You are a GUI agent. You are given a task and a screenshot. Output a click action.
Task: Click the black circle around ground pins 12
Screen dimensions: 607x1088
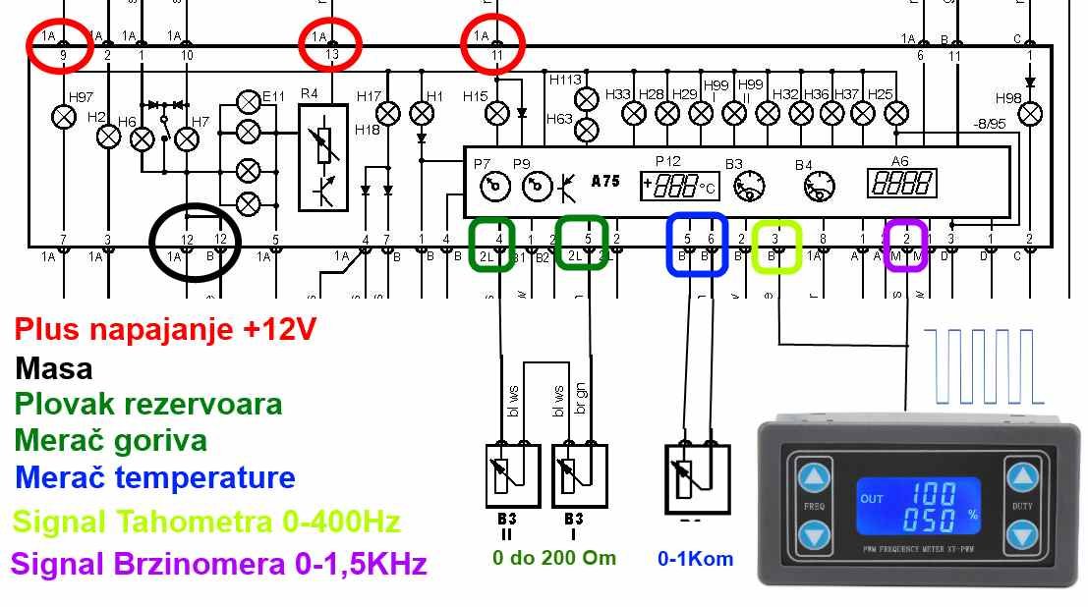tap(195, 241)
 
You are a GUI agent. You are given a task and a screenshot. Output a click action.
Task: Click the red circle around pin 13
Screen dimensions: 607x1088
tap(331, 44)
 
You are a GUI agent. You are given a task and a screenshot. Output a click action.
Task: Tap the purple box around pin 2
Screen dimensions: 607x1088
tap(905, 245)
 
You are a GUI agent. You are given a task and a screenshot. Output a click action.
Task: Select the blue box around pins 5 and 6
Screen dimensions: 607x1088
tap(697, 245)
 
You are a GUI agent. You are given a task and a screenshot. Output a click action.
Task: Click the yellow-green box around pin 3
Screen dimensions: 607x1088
tap(776, 247)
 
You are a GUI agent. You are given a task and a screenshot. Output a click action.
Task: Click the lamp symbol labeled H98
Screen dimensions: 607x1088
tap(1029, 115)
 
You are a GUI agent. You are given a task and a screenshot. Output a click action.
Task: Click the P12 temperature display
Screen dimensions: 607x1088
tap(679, 185)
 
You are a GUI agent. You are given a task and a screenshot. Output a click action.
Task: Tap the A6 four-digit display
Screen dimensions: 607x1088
tap(900, 183)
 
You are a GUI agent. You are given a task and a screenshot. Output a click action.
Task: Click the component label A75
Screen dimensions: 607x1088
tap(605, 182)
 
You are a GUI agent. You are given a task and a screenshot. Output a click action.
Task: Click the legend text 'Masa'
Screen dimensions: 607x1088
tap(54, 369)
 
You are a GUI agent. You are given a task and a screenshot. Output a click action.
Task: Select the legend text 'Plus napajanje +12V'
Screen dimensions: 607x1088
tap(166, 329)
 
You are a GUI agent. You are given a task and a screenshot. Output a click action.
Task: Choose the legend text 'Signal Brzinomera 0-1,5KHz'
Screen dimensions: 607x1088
tap(219, 564)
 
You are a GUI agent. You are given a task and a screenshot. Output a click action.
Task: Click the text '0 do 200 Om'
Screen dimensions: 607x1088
tap(554, 558)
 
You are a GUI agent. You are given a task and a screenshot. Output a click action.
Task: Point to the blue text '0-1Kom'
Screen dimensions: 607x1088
tap(696, 559)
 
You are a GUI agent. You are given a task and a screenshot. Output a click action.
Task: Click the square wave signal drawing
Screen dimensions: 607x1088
tap(983, 366)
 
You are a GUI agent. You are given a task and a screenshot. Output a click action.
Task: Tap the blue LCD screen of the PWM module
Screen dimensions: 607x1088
tap(919, 506)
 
